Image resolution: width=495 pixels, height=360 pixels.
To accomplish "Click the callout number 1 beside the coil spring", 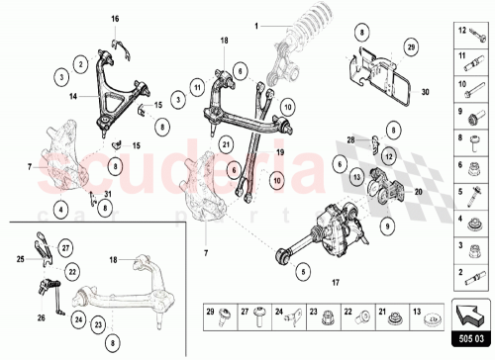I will [x=254, y=26].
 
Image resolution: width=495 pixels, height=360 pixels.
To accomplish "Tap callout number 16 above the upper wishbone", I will [x=114, y=19].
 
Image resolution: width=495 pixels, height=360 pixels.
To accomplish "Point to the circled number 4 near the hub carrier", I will [x=61, y=210].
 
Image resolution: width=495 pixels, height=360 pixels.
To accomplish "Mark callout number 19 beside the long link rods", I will [x=280, y=154].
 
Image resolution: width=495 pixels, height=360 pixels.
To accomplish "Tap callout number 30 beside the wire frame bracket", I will [x=426, y=91].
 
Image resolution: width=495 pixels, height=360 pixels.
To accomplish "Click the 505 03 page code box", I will [x=472, y=338].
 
